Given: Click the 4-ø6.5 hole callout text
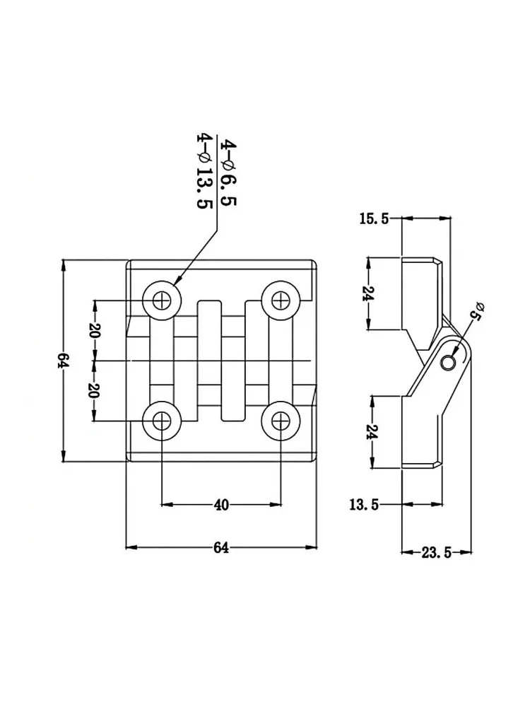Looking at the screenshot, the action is click(x=228, y=173).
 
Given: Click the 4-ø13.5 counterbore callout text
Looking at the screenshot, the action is click(x=205, y=171).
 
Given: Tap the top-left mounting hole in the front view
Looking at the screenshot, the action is click(x=161, y=300).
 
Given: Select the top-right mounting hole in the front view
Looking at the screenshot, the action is click(x=281, y=300).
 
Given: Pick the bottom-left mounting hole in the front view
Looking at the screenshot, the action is click(x=161, y=421).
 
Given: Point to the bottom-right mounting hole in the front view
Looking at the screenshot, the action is click(x=281, y=421).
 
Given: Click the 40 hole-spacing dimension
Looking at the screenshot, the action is click(x=221, y=505).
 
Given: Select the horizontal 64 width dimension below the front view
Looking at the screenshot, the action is click(x=220, y=547).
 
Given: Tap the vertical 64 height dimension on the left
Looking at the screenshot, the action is click(x=63, y=361).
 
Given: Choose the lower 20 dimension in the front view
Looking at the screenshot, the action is click(x=94, y=391).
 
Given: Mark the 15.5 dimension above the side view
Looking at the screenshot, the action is click(x=374, y=219).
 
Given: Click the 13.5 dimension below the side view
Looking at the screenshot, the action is click(x=364, y=505).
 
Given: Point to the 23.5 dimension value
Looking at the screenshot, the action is click(x=436, y=552).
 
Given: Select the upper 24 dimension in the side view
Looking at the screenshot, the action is click(x=369, y=294).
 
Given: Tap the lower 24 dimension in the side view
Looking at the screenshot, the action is click(x=372, y=432).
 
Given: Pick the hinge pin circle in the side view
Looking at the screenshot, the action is click(x=449, y=362).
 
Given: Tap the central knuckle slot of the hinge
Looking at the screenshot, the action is click(x=221, y=361).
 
